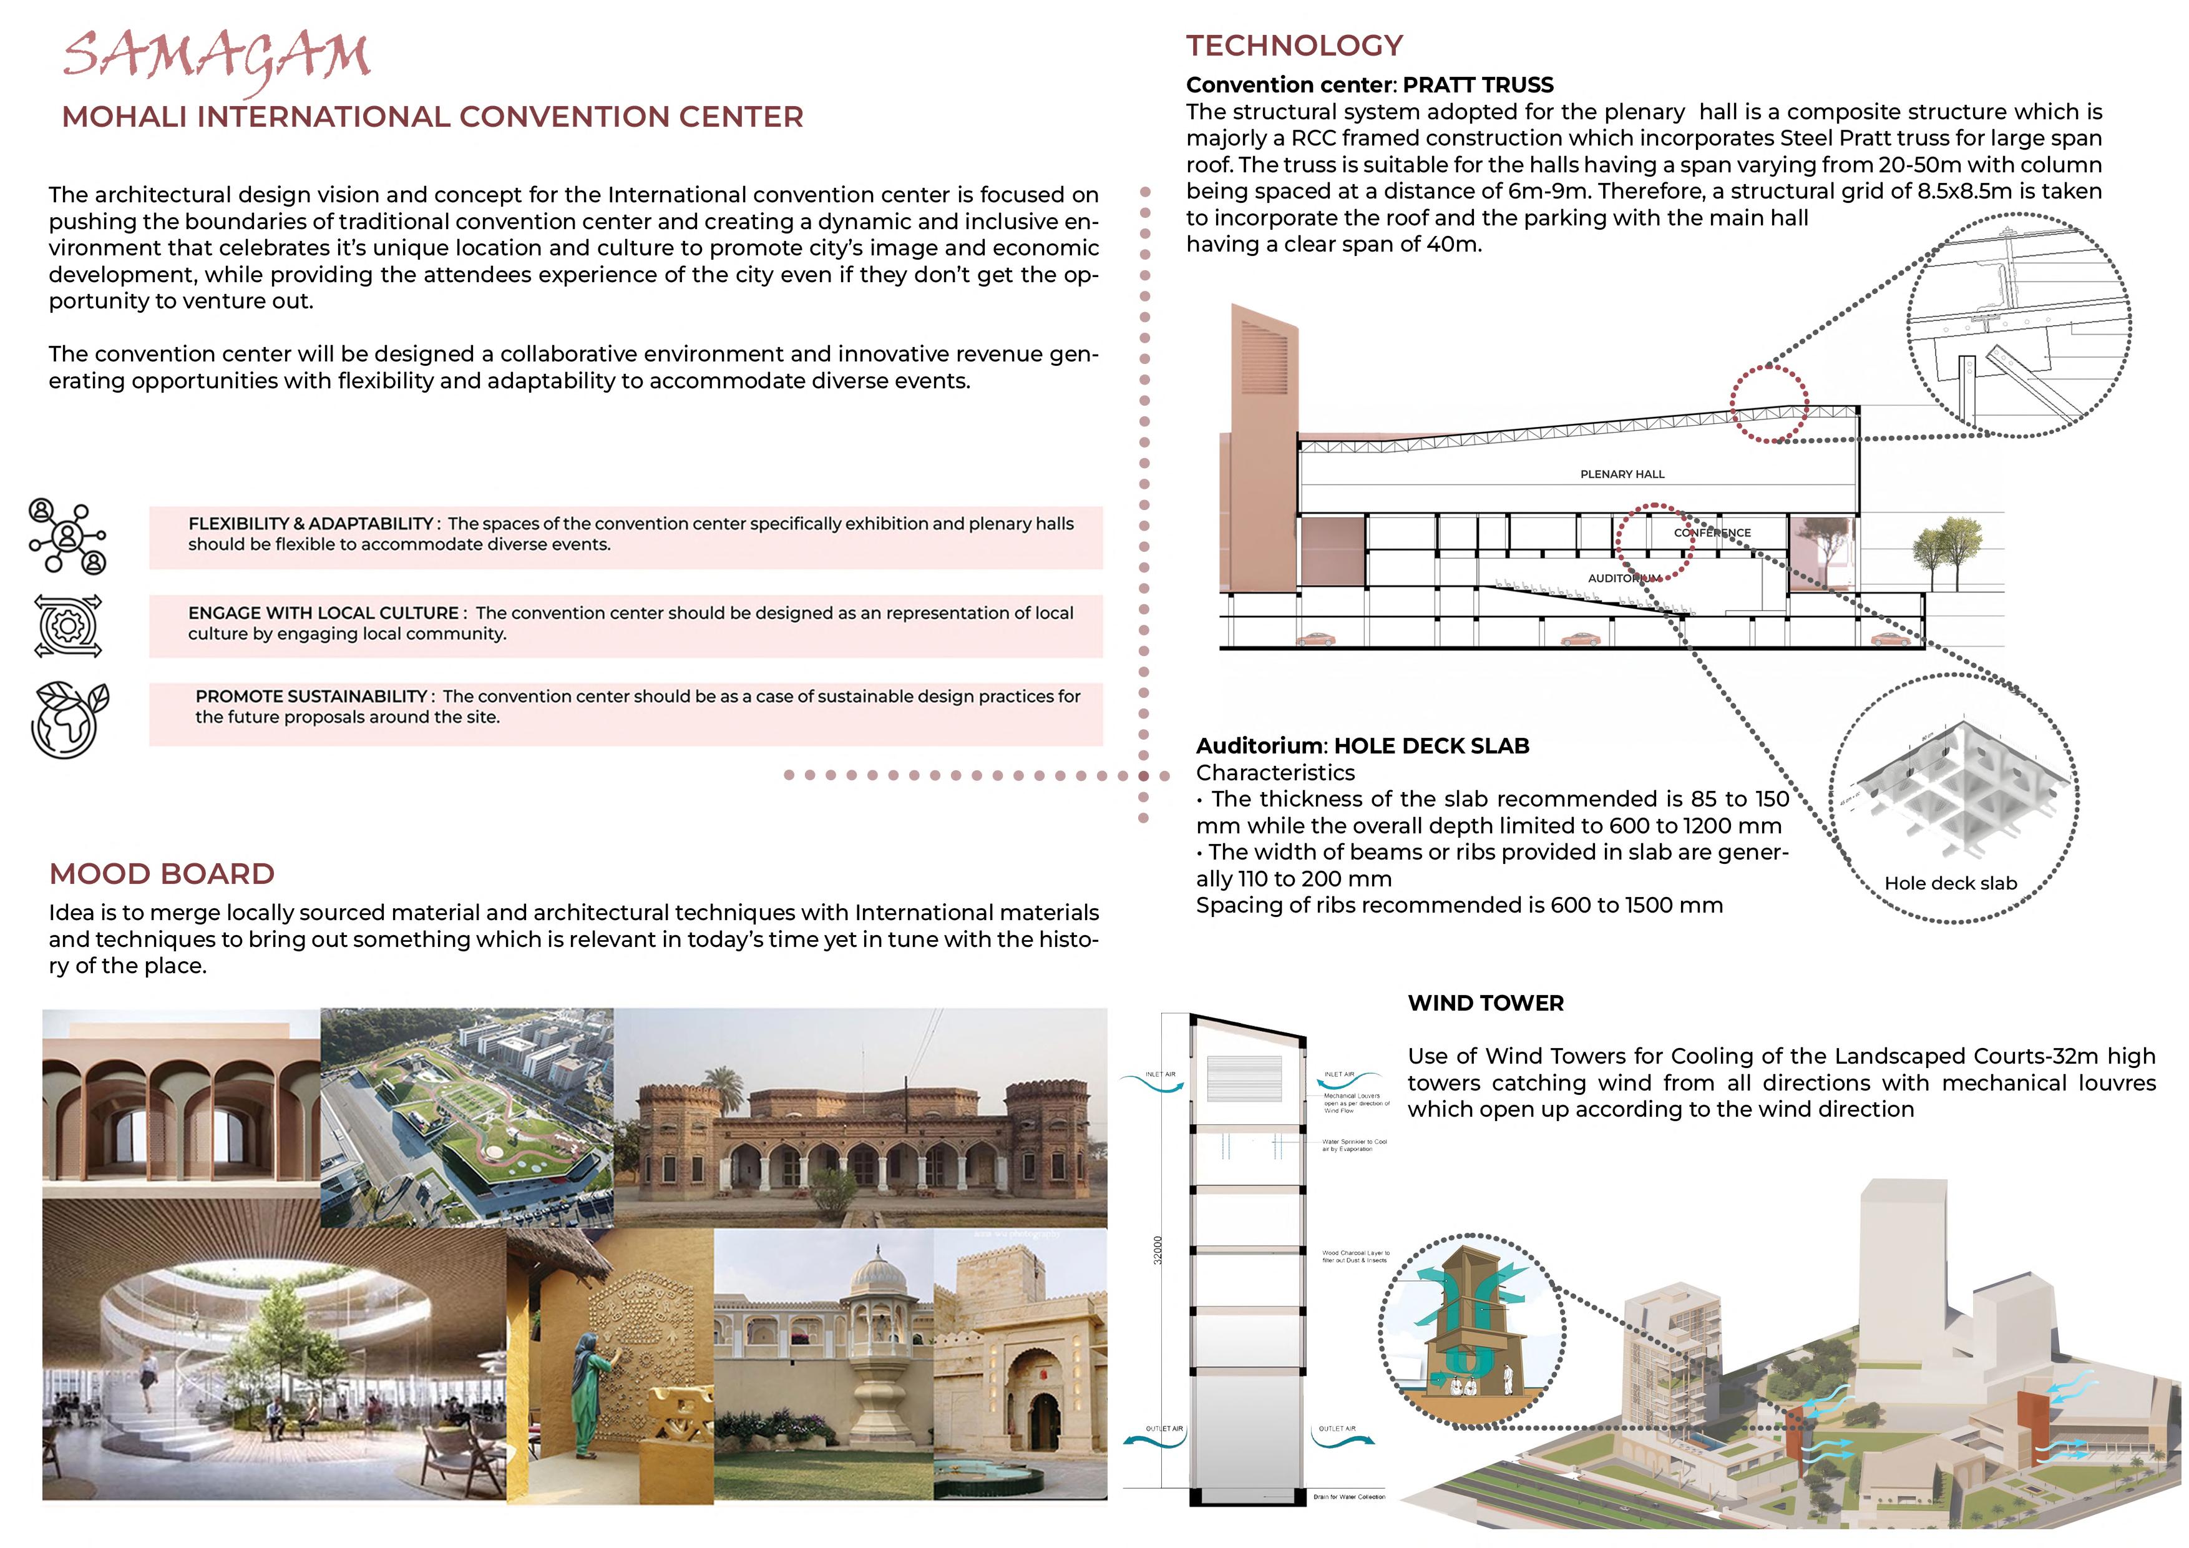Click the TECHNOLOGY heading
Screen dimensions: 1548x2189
pos(1294,45)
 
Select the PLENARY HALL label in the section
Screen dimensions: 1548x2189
pos(1622,474)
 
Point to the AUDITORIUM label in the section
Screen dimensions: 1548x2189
pos(1624,578)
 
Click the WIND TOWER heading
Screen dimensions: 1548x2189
pos(1485,1002)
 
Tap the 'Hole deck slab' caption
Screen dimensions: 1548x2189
pos(1951,883)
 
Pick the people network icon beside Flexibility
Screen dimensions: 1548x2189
pos(67,536)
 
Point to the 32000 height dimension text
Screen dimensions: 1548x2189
pos(1158,1250)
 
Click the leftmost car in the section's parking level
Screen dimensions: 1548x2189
pos(1315,639)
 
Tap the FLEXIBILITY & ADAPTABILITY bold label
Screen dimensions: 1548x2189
pos(311,524)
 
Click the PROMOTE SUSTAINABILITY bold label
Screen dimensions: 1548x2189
pos(311,696)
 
